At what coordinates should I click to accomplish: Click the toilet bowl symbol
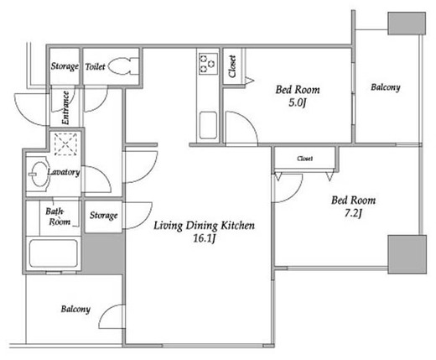coord(123,66)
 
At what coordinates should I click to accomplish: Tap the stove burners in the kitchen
coord(208,64)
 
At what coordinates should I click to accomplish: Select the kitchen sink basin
coord(208,125)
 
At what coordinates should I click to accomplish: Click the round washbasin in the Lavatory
coord(39,174)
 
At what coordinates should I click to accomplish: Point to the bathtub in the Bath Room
coord(54,253)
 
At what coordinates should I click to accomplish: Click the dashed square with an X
coord(65,144)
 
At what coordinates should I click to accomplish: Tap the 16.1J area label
coord(205,238)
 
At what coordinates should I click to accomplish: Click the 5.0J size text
coord(298,103)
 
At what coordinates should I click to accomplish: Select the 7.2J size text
coord(353,214)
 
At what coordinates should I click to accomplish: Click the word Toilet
coord(95,67)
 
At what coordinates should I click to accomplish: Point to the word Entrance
coord(65,107)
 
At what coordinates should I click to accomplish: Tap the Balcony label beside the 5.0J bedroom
coord(386,87)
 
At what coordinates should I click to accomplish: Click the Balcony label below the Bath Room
coord(75,309)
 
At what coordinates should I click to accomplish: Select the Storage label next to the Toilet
coord(65,66)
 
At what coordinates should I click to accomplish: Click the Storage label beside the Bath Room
coord(103,216)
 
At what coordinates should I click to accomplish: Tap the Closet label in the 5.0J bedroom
coord(232,66)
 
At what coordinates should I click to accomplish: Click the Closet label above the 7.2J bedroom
coord(304,159)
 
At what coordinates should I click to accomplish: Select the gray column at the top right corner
coord(407,23)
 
